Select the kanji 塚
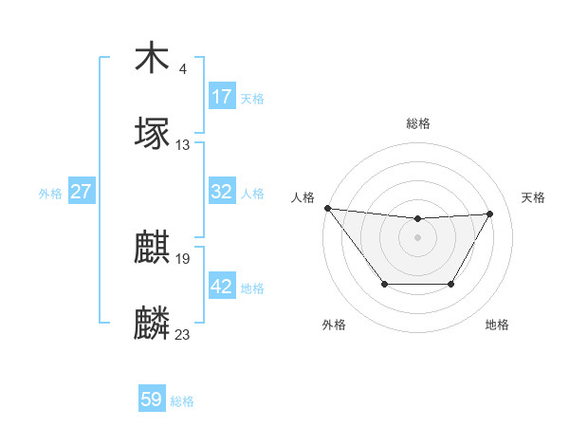coord(152,133)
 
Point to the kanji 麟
coord(152,324)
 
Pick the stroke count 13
coord(183,144)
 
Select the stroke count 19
coord(183,258)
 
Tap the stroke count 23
coord(183,333)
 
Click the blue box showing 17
coord(221,97)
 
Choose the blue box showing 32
coord(221,192)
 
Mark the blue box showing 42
coord(221,287)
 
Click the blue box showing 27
coord(81,192)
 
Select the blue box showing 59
coord(152,400)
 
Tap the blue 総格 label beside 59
coord(182,401)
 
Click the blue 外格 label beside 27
coord(50,194)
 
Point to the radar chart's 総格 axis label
coord(418,123)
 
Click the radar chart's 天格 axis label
coord(533,197)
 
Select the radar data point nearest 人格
coord(327,208)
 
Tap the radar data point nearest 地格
coord(451,284)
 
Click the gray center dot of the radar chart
coord(417,237)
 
